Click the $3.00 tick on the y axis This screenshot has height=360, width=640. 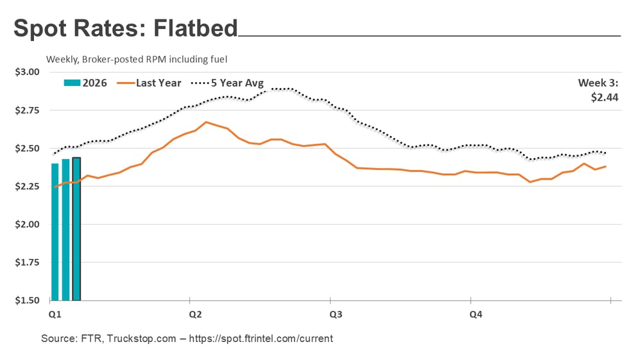(x=27, y=72)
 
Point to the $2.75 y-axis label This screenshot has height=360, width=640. (x=27, y=110)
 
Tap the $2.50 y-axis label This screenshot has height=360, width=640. (x=27, y=148)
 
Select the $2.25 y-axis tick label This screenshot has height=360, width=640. (x=27, y=187)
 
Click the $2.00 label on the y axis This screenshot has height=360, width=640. (x=27, y=225)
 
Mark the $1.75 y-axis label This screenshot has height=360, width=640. (x=27, y=262)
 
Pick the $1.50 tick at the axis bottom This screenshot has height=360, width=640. (x=27, y=300)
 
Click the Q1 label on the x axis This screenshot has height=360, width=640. (x=55, y=314)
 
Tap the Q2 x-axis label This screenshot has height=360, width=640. (x=196, y=314)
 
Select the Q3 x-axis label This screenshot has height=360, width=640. (x=336, y=314)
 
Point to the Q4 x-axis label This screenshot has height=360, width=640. (x=476, y=314)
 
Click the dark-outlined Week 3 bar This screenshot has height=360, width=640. (x=76, y=228)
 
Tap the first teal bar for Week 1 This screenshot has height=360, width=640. (x=55, y=232)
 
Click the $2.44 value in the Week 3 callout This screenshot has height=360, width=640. (x=605, y=98)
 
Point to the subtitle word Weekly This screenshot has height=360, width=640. (x=62, y=59)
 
